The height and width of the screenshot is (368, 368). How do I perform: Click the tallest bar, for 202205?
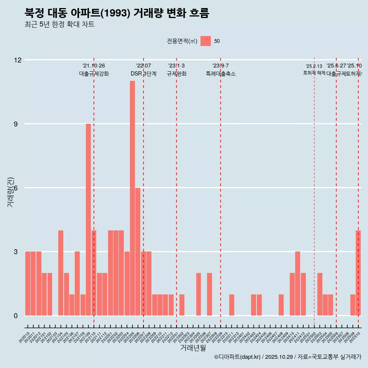point(132,198)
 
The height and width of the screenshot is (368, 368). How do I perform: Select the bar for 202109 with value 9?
point(88,220)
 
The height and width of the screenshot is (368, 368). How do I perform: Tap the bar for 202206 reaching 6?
point(138,251)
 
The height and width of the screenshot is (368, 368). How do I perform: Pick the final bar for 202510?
point(358,273)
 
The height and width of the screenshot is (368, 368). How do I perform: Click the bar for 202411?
point(297,284)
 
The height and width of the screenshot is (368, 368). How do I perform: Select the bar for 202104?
point(61,273)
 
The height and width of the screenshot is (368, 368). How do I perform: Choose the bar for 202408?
point(281,305)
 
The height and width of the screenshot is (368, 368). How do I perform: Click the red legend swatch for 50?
point(205,41)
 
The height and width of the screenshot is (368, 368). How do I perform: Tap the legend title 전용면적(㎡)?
point(182,41)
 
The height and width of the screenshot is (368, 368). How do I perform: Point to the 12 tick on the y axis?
point(18,60)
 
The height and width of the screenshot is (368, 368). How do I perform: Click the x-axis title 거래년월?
point(193,348)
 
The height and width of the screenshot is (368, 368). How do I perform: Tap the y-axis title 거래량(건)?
point(10,192)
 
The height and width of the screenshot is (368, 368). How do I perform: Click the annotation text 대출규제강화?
point(94,74)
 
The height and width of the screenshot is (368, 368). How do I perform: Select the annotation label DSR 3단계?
point(143,74)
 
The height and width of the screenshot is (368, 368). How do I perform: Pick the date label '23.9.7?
point(220,66)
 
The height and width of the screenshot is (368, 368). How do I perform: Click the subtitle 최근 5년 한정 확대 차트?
point(59,25)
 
